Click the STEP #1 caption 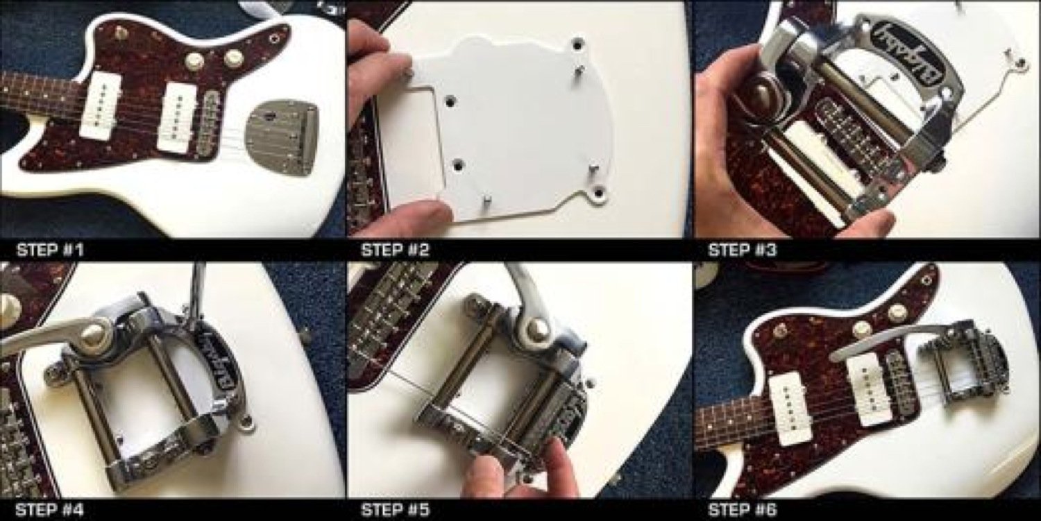49,250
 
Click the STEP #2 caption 394,250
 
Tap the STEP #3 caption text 742,250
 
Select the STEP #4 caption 49,511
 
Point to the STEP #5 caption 394,511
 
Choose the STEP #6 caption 742,511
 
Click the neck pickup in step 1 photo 101,105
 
